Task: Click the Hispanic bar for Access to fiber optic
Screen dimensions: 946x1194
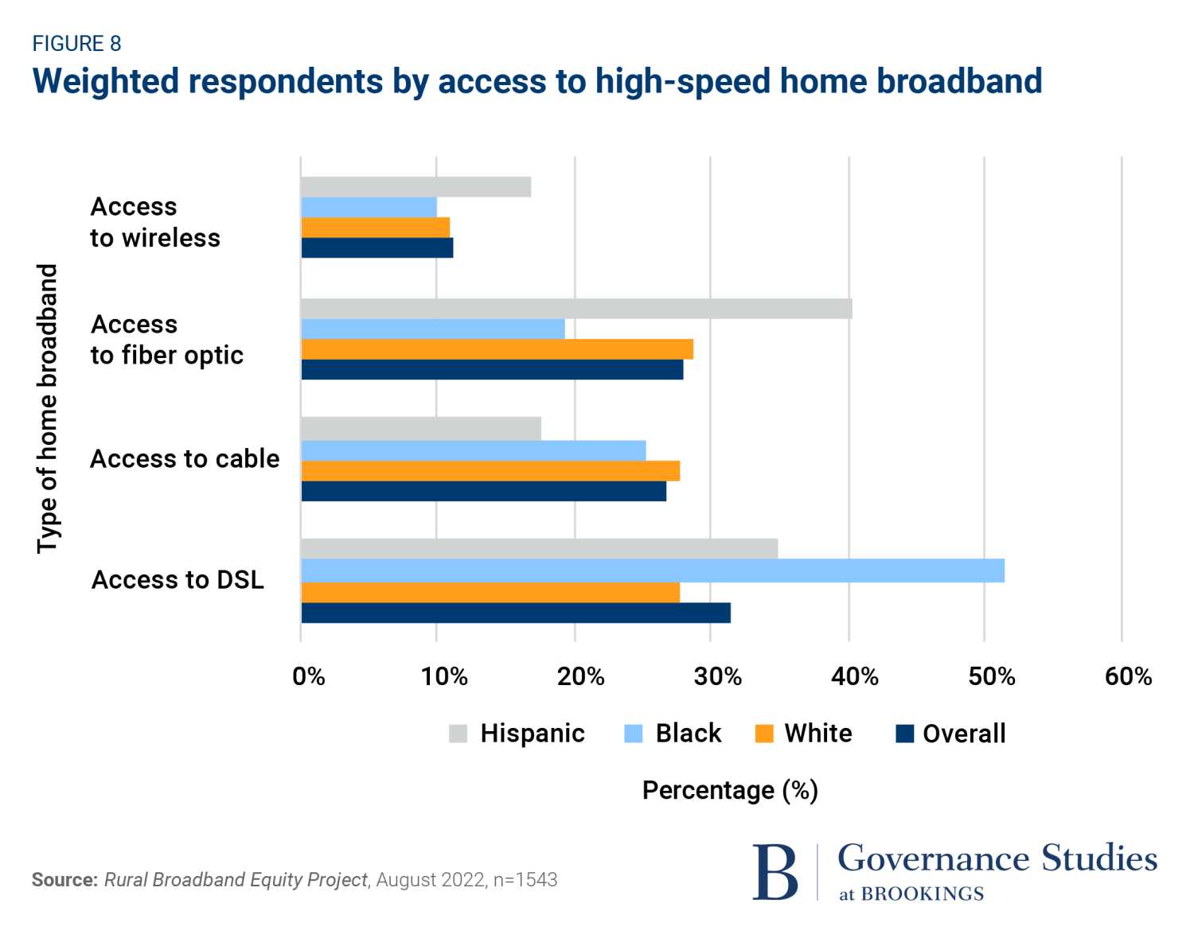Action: point(576,309)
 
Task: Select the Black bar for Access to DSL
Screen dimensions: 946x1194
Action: point(653,570)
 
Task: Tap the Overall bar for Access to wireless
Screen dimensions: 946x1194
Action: point(377,248)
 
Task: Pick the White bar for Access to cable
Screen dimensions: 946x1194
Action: point(490,471)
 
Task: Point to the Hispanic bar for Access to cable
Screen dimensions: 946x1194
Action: point(421,429)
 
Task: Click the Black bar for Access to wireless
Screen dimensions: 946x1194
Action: point(369,208)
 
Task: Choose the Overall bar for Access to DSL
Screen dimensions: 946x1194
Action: point(516,613)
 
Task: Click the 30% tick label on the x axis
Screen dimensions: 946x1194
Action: point(717,677)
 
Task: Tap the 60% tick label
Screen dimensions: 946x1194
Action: point(1128,677)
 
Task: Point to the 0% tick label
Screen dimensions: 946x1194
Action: point(309,677)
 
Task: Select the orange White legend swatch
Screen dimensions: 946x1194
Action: point(764,734)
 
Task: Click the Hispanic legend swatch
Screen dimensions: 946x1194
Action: point(458,734)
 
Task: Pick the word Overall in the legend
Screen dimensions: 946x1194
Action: point(964,734)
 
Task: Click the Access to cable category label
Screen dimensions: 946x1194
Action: point(185,459)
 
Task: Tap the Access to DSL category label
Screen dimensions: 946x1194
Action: point(178,580)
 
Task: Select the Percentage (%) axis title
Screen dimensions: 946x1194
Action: point(730,791)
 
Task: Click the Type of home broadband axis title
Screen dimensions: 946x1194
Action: point(48,409)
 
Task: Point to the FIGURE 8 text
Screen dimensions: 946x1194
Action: point(76,44)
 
